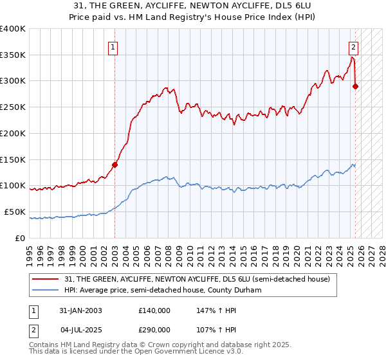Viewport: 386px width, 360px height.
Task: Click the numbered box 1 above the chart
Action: tap(113, 46)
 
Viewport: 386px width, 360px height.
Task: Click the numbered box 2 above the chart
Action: tap(354, 46)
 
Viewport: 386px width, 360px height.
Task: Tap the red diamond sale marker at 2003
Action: tap(115, 165)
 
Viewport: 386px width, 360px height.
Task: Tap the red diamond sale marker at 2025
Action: tap(356, 85)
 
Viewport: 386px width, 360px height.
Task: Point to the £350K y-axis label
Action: tap(13, 55)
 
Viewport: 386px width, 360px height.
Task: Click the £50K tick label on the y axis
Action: tap(15, 212)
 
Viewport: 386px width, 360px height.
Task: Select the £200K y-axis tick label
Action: tap(13, 133)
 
